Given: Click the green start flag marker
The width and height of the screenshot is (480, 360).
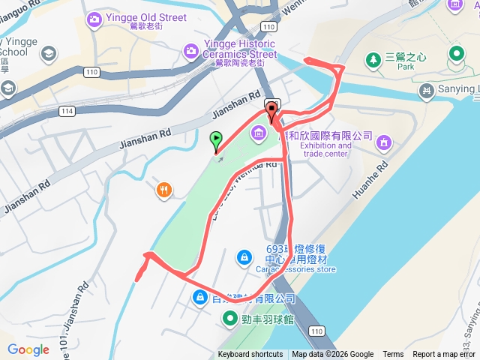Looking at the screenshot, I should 217,140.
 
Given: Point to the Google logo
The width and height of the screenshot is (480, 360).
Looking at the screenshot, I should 28,349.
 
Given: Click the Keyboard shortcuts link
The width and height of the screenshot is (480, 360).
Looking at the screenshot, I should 250,355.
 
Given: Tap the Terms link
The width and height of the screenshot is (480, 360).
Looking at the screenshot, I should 393,355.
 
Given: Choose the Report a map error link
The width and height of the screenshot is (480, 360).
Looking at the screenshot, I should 445,355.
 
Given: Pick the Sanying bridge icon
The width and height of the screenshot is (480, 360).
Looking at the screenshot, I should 427,91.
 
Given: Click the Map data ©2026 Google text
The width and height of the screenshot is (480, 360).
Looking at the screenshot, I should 332,355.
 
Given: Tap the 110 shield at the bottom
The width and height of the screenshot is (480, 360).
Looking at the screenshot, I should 316,331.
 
